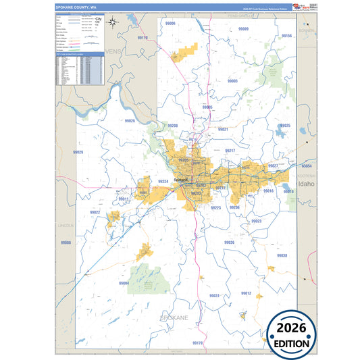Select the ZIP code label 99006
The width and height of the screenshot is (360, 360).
(x=171, y=24)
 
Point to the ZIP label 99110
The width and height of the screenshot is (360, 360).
(x=143, y=38)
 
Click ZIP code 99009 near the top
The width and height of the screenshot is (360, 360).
(x=243, y=29)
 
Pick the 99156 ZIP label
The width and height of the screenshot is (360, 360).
(x=286, y=36)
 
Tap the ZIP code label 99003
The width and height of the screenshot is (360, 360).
(x=233, y=80)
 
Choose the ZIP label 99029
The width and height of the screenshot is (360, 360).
(x=78, y=153)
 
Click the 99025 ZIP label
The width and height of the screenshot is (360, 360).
(x=285, y=126)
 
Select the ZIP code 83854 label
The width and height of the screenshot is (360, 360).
(x=307, y=165)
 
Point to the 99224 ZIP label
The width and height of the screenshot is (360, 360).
(x=163, y=181)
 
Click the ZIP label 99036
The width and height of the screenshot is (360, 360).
(x=229, y=242)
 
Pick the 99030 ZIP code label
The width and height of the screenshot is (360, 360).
(x=282, y=255)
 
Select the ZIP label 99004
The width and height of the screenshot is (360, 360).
(x=124, y=284)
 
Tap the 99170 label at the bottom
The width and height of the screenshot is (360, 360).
(x=197, y=343)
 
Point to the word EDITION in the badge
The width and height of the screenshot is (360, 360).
(x=292, y=343)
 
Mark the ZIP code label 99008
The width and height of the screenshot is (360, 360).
(x=66, y=242)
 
